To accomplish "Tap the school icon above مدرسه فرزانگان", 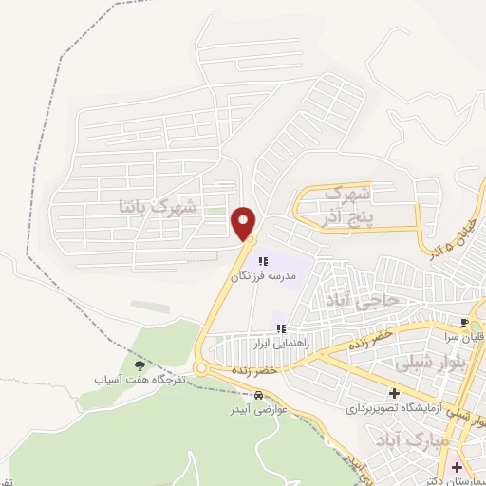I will pos(263,259).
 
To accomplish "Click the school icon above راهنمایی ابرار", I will pos(280,328).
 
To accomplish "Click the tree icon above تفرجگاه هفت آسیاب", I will pos(140,364).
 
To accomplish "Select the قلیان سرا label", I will pos(465,336).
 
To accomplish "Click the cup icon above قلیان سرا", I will pos(465,322).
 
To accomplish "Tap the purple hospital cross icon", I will pos(457,466).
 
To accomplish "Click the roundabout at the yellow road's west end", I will pos(202,369).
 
